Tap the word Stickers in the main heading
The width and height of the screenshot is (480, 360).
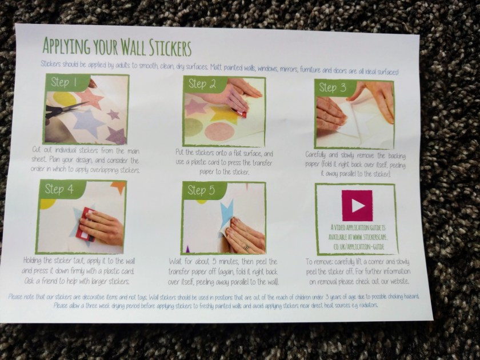(166, 45)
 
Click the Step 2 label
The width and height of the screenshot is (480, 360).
(200, 85)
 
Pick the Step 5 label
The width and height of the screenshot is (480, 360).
(200, 192)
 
